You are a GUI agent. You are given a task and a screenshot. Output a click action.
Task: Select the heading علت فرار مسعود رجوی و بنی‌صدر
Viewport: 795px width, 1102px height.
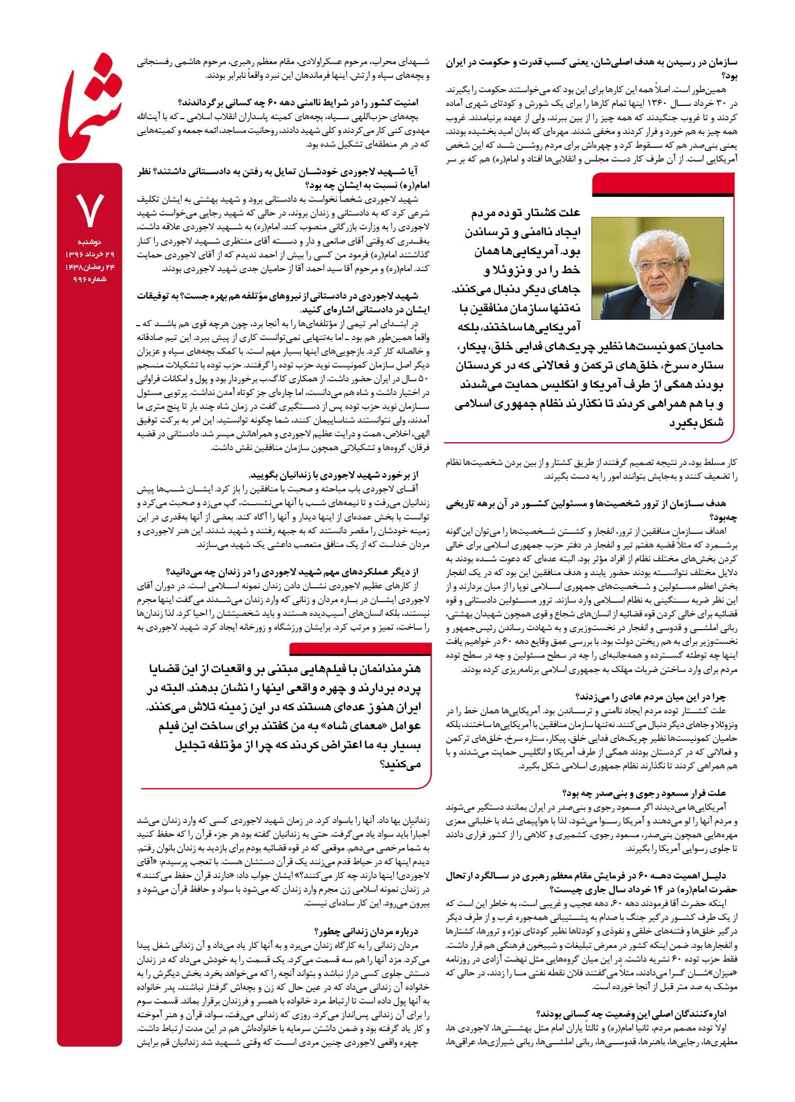click(644, 793)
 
